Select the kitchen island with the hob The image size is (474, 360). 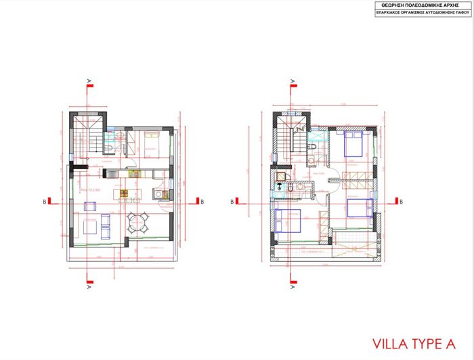point(126,195)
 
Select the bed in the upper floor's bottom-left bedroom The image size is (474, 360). point(287,221)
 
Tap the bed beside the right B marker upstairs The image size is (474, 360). point(359,206)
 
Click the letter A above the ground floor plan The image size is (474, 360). point(89,81)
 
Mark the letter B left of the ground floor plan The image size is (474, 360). point(44,201)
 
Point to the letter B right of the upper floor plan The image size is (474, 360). point(402,201)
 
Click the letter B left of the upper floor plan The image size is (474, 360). point(232,201)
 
